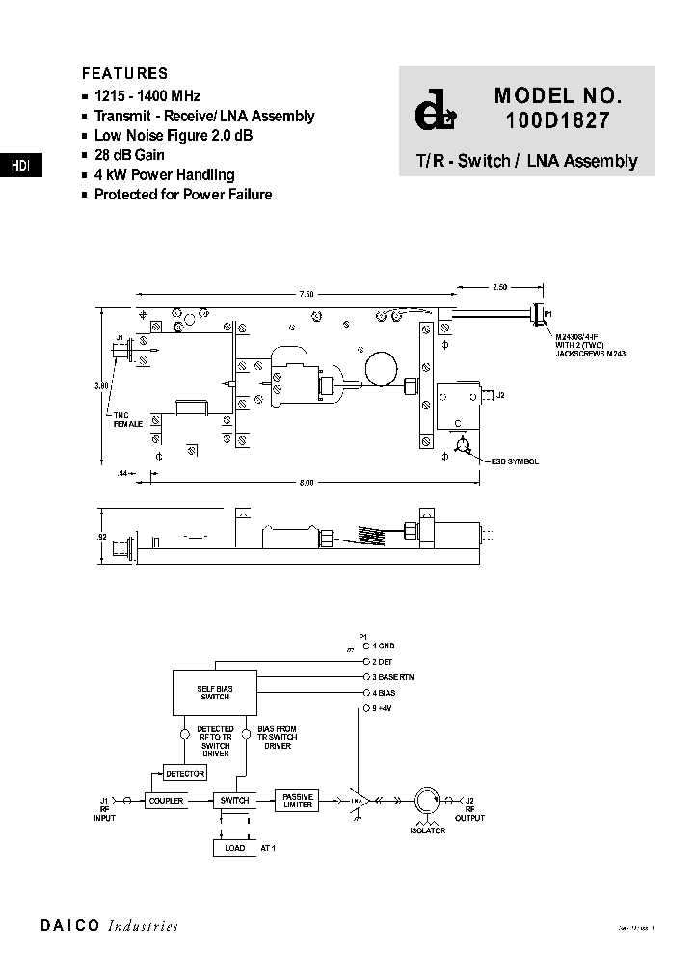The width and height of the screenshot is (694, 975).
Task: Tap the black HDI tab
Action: point(20,166)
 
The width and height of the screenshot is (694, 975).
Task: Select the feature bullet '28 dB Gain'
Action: point(129,155)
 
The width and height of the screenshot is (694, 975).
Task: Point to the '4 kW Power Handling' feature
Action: point(164,174)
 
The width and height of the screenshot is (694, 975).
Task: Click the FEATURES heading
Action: point(124,73)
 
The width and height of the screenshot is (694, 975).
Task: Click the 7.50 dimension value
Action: point(306,293)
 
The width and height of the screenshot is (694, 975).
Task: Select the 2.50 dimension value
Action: point(498,287)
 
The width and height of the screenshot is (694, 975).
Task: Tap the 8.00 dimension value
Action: point(307,483)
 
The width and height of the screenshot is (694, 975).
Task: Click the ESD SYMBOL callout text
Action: point(515,461)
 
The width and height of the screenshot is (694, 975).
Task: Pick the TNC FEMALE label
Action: point(127,419)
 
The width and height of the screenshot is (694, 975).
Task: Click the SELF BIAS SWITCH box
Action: point(215,691)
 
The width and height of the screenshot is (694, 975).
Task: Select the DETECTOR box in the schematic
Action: point(185,773)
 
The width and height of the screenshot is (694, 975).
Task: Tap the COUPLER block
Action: point(165,801)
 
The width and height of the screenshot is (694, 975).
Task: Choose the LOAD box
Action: point(234,848)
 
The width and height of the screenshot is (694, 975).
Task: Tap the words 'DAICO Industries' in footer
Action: point(109,926)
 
